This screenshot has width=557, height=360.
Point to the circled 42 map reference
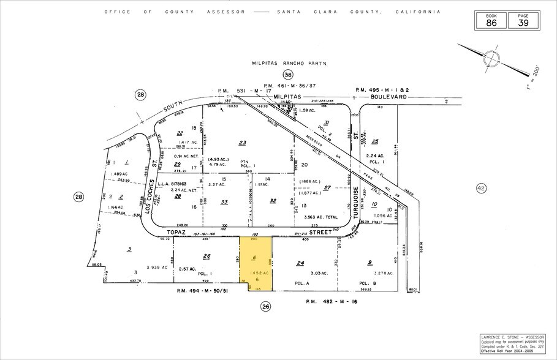pyautogui.click(x=480, y=189)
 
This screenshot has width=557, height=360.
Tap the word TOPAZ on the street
pyautogui.click(x=176, y=233)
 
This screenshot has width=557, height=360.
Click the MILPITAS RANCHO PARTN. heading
pyautogui.click(x=290, y=63)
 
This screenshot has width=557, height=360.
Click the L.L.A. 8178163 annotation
pyautogui.click(x=172, y=182)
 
